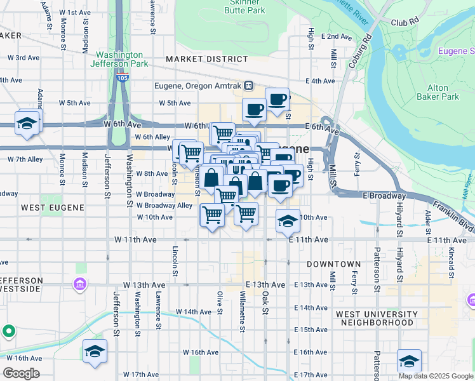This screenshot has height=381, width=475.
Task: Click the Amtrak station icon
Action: (x=250, y=86)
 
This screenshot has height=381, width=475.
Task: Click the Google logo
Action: (x=21, y=373)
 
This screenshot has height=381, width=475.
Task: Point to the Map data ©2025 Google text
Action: (x=435, y=376)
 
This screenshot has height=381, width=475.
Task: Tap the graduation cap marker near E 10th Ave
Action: (x=288, y=221)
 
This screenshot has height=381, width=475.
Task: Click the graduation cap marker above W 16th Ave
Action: (x=95, y=351)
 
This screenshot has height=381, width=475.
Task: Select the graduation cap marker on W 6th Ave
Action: (x=27, y=124)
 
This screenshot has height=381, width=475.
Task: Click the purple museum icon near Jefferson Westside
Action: (x=80, y=283)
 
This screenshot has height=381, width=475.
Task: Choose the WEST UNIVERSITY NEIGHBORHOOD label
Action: (x=376, y=318)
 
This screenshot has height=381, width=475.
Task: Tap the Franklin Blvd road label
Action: (x=453, y=216)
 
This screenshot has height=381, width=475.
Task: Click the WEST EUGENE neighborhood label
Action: (x=44, y=207)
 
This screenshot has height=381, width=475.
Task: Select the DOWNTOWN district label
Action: (x=333, y=264)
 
